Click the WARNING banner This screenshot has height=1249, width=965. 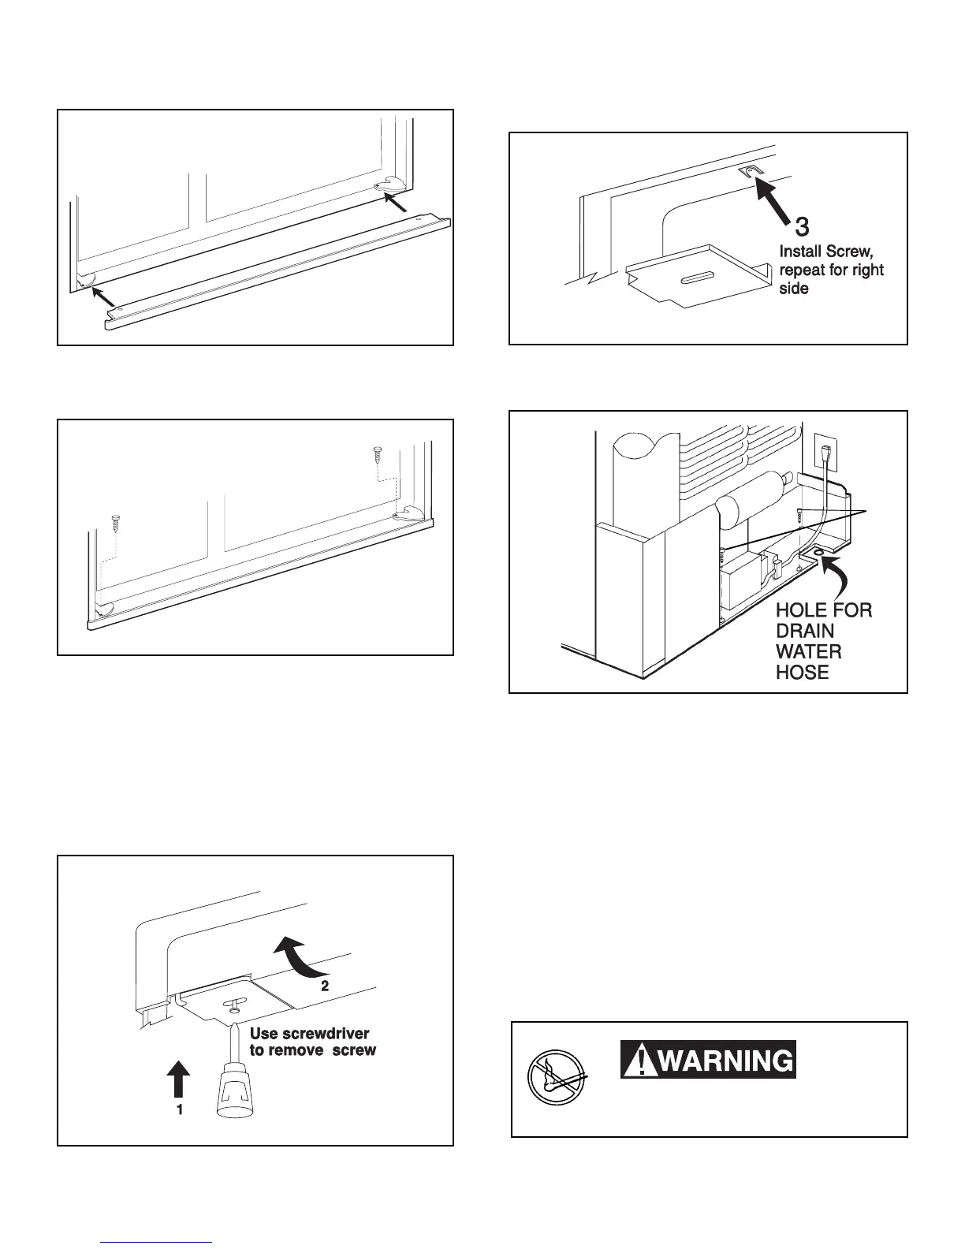tap(708, 1059)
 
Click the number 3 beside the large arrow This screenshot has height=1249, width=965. tap(801, 227)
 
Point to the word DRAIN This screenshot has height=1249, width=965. tap(805, 631)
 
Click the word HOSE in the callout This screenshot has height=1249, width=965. tap(803, 672)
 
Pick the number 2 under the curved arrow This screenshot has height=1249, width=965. tap(323, 986)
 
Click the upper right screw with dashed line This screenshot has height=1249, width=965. tap(377, 455)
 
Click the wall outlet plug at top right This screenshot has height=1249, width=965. tap(825, 456)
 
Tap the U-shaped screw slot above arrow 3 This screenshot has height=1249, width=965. tap(747, 171)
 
